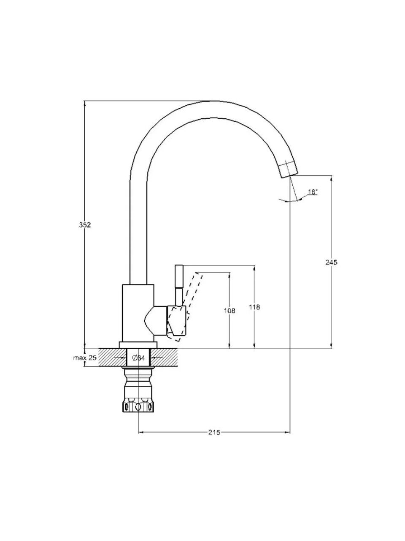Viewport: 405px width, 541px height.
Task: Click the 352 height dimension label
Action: (x=85, y=225)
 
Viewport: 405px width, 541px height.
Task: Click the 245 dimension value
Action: (x=331, y=262)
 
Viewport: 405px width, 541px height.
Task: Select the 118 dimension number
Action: (x=254, y=307)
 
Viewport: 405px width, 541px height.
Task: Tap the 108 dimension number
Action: (x=229, y=311)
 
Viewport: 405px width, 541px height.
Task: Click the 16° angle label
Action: (x=313, y=192)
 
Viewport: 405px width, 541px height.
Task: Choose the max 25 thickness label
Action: (x=85, y=358)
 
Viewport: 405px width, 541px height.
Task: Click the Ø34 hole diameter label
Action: (x=139, y=358)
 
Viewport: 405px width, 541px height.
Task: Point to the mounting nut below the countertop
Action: (x=138, y=393)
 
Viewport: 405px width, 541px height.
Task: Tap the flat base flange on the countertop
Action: (x=138, y=345)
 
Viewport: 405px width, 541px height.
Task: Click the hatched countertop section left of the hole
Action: (x=112, y=358)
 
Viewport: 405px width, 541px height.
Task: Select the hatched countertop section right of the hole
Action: (x=164, y=358)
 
